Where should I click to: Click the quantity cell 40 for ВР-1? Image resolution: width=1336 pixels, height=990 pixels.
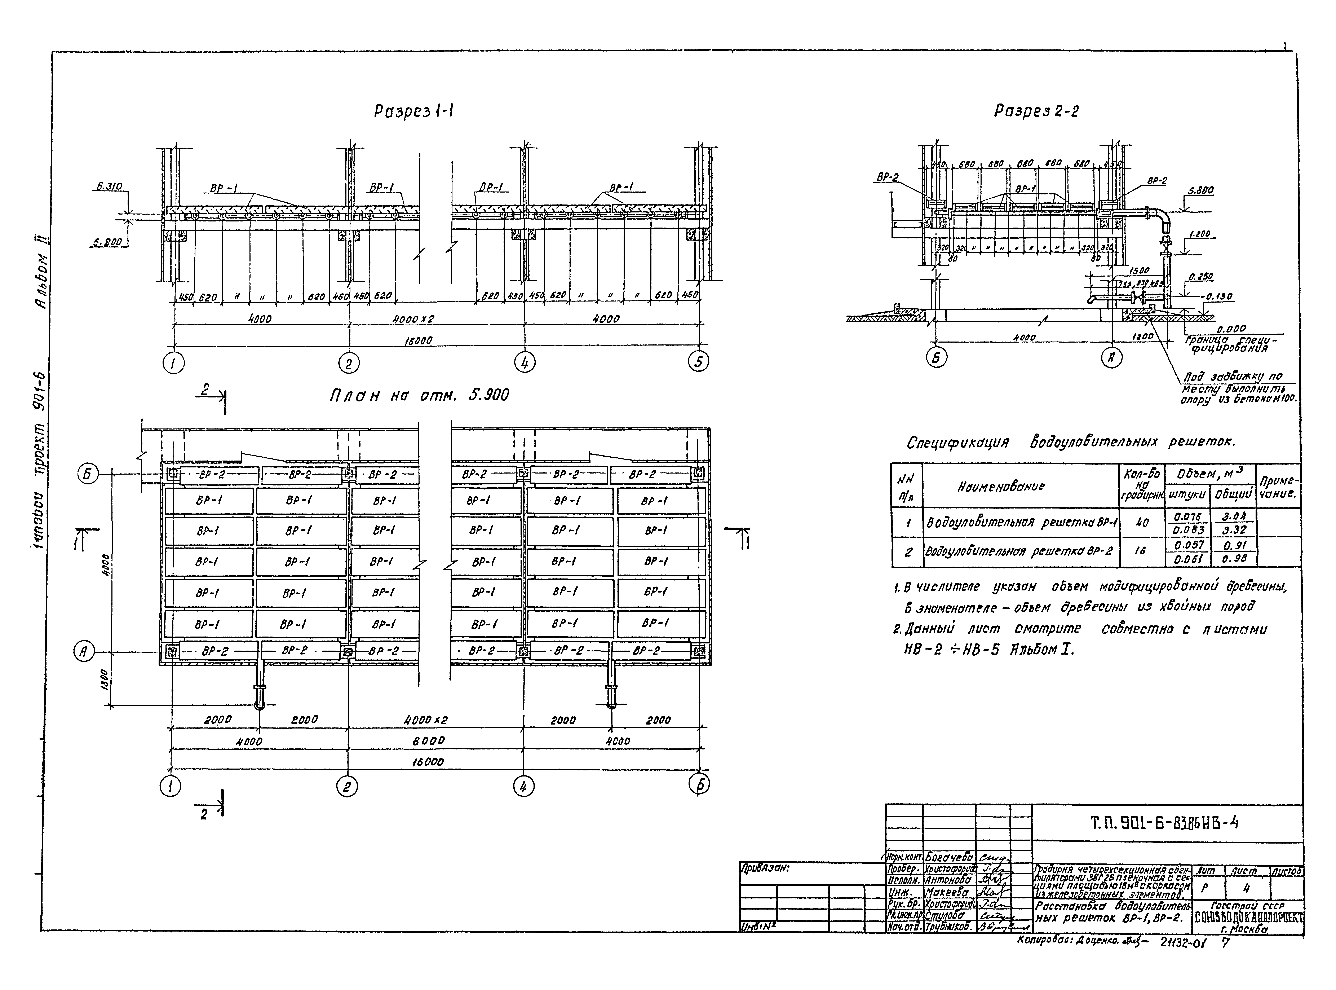coord(1142,523)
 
